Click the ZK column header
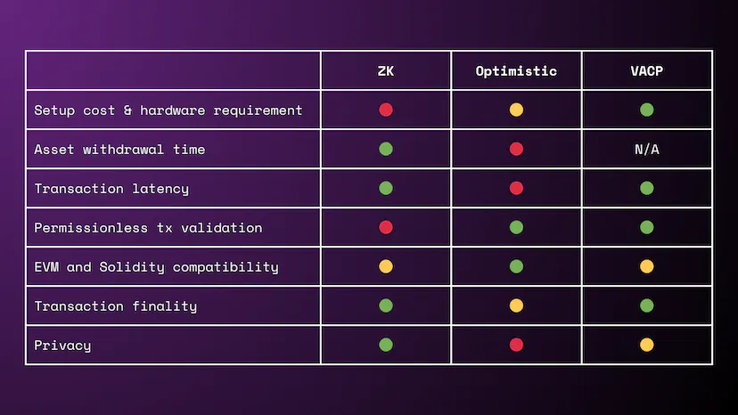[385, 71]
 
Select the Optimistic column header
[516, 71]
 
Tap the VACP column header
[647, 71]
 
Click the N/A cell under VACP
[647, 150]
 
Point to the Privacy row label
[62, 346]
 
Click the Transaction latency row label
[111, 189]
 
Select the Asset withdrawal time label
[119, 150]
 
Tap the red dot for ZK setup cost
[385, 110]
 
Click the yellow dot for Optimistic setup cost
[516, 110]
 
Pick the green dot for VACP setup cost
[647, 110]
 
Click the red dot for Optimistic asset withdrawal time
[516, 149]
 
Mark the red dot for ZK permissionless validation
[385, 227]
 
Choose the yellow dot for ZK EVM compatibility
[385, 267]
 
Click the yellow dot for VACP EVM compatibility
[647, 267]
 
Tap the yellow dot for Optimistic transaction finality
[516, 305]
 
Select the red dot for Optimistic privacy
[516, 345]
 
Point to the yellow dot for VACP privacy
[647, 345]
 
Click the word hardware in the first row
[173, 110]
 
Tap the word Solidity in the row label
[132, 267]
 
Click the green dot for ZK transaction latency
[385, 188]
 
